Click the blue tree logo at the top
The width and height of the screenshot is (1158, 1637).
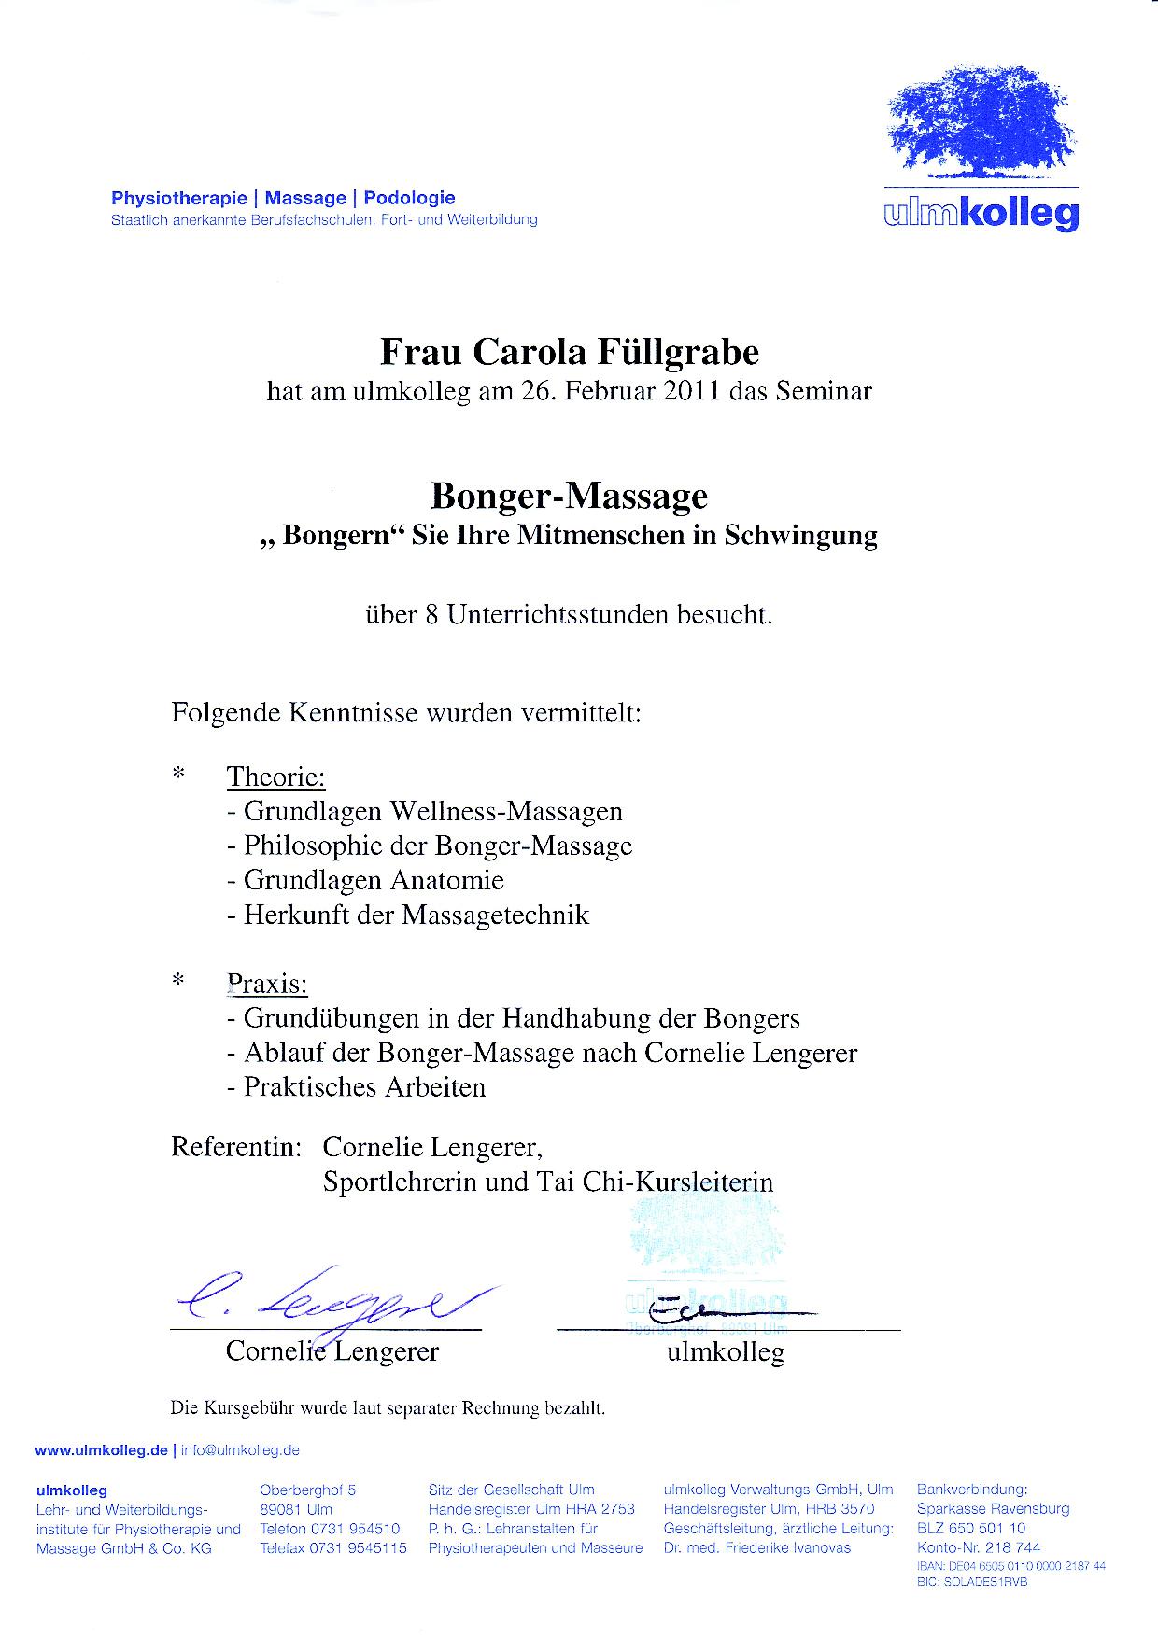coord(980,123)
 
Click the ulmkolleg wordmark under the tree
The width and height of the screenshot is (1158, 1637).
coord(981,215)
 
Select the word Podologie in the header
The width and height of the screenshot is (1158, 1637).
coord(409,198)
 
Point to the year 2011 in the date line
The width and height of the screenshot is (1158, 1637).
coord(692,390)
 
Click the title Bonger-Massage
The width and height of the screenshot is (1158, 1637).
coord(569,496)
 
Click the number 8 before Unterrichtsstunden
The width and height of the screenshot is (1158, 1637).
coord(431,615)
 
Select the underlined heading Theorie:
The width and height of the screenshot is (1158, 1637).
coord(275,777)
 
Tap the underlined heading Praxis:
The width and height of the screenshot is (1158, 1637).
coord(267,984)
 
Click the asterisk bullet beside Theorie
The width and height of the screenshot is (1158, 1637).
coord(178,775)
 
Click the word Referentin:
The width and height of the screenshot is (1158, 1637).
coord(235,1146)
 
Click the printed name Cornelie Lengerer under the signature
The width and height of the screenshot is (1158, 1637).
coord(332,1350)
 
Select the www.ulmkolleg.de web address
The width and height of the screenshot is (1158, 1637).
coord(101,1450)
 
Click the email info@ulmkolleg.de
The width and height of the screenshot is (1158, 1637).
coord(240,1450)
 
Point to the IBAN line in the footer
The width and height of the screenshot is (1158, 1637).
coord(1010,1566)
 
